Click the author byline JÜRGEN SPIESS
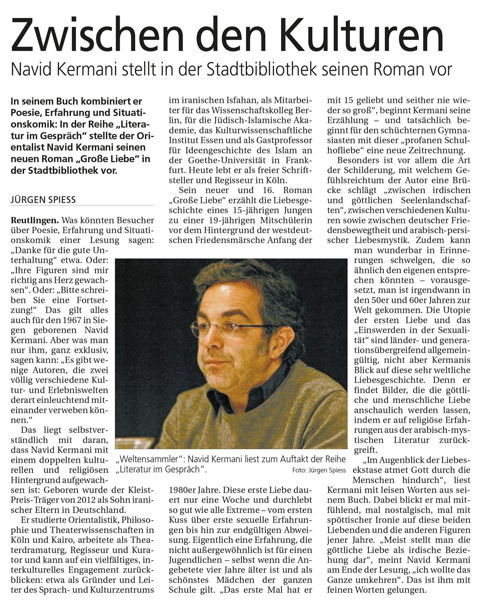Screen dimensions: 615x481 [43, 200]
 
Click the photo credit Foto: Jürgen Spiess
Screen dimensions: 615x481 [318, 470]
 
